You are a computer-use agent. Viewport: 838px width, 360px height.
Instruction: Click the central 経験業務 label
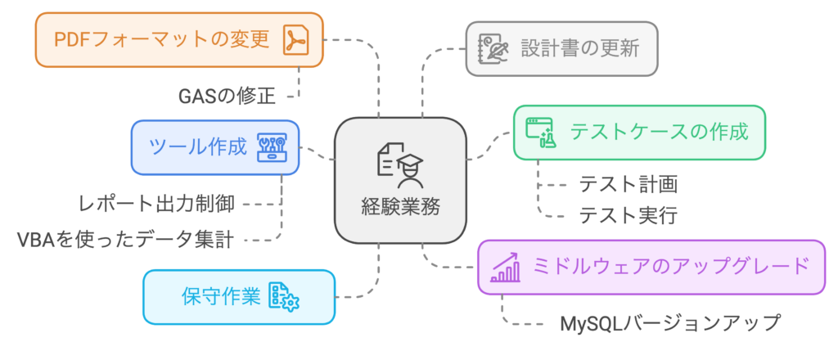tap(400, 206)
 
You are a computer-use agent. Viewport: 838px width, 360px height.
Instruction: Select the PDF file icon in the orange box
tap(295, 39)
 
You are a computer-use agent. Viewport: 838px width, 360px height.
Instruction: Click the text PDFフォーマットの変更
tap(160, 39)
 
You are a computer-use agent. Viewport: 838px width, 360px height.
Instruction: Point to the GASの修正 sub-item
tap(227, 97)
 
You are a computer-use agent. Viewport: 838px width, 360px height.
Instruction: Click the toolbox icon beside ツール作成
tap(273, 148)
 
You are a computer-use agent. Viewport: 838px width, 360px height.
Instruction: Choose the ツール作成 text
tap(197, 147)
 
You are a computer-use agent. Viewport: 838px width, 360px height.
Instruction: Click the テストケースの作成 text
tap(659, 131)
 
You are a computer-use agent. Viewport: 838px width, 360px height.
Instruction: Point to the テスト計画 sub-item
tap(628, 184)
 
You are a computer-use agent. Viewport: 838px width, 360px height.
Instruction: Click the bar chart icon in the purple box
tap(506, 267)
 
